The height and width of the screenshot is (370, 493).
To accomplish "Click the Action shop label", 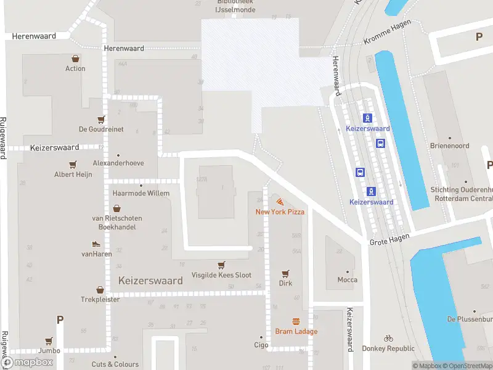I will pyautogui.click(x=75, y=68).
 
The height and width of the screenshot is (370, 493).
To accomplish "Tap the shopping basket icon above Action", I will pyautogui.click(x=75, y=59).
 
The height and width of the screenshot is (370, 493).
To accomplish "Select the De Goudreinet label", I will pyautogui.click(x=101, y=129).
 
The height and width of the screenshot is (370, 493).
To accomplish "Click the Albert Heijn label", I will pyautogui.click(x=73, y=175).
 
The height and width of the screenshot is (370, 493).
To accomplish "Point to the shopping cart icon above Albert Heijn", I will pyautogui.click(x=73, y=165).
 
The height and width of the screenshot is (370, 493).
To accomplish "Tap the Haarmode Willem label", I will pyautogui.click(x=141, y=193).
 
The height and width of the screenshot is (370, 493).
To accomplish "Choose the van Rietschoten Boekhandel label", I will pyautogui.click(x=116, y=223).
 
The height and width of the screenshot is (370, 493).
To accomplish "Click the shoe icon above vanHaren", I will pyautogui.click(x=96, y=244).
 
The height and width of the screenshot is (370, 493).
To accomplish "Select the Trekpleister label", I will pyautogui.click(x=99, y=300).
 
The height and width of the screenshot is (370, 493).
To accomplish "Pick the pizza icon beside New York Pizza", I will pyautogui.click(x=280, y=202).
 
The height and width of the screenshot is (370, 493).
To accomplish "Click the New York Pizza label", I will pyautogui.click(x=280, y=212).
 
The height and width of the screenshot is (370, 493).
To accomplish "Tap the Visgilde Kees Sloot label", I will pyautogui.click(x=221, y=275).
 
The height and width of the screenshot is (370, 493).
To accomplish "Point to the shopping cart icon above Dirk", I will pyautogui.click(x=285, y=273).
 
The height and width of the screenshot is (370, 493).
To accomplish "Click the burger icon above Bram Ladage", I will pyautogui.click(x=296, y=321).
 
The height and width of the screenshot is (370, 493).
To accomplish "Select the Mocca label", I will pyautogui.click(x=347, y=280).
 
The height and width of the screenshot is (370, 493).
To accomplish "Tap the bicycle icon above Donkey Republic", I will pyautogui.click(x=388, y=338).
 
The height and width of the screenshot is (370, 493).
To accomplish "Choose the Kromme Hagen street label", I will pyautogui.click(x=387, y=39).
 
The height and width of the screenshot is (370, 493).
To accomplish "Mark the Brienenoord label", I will pyautogui.click(x=450, y=146).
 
